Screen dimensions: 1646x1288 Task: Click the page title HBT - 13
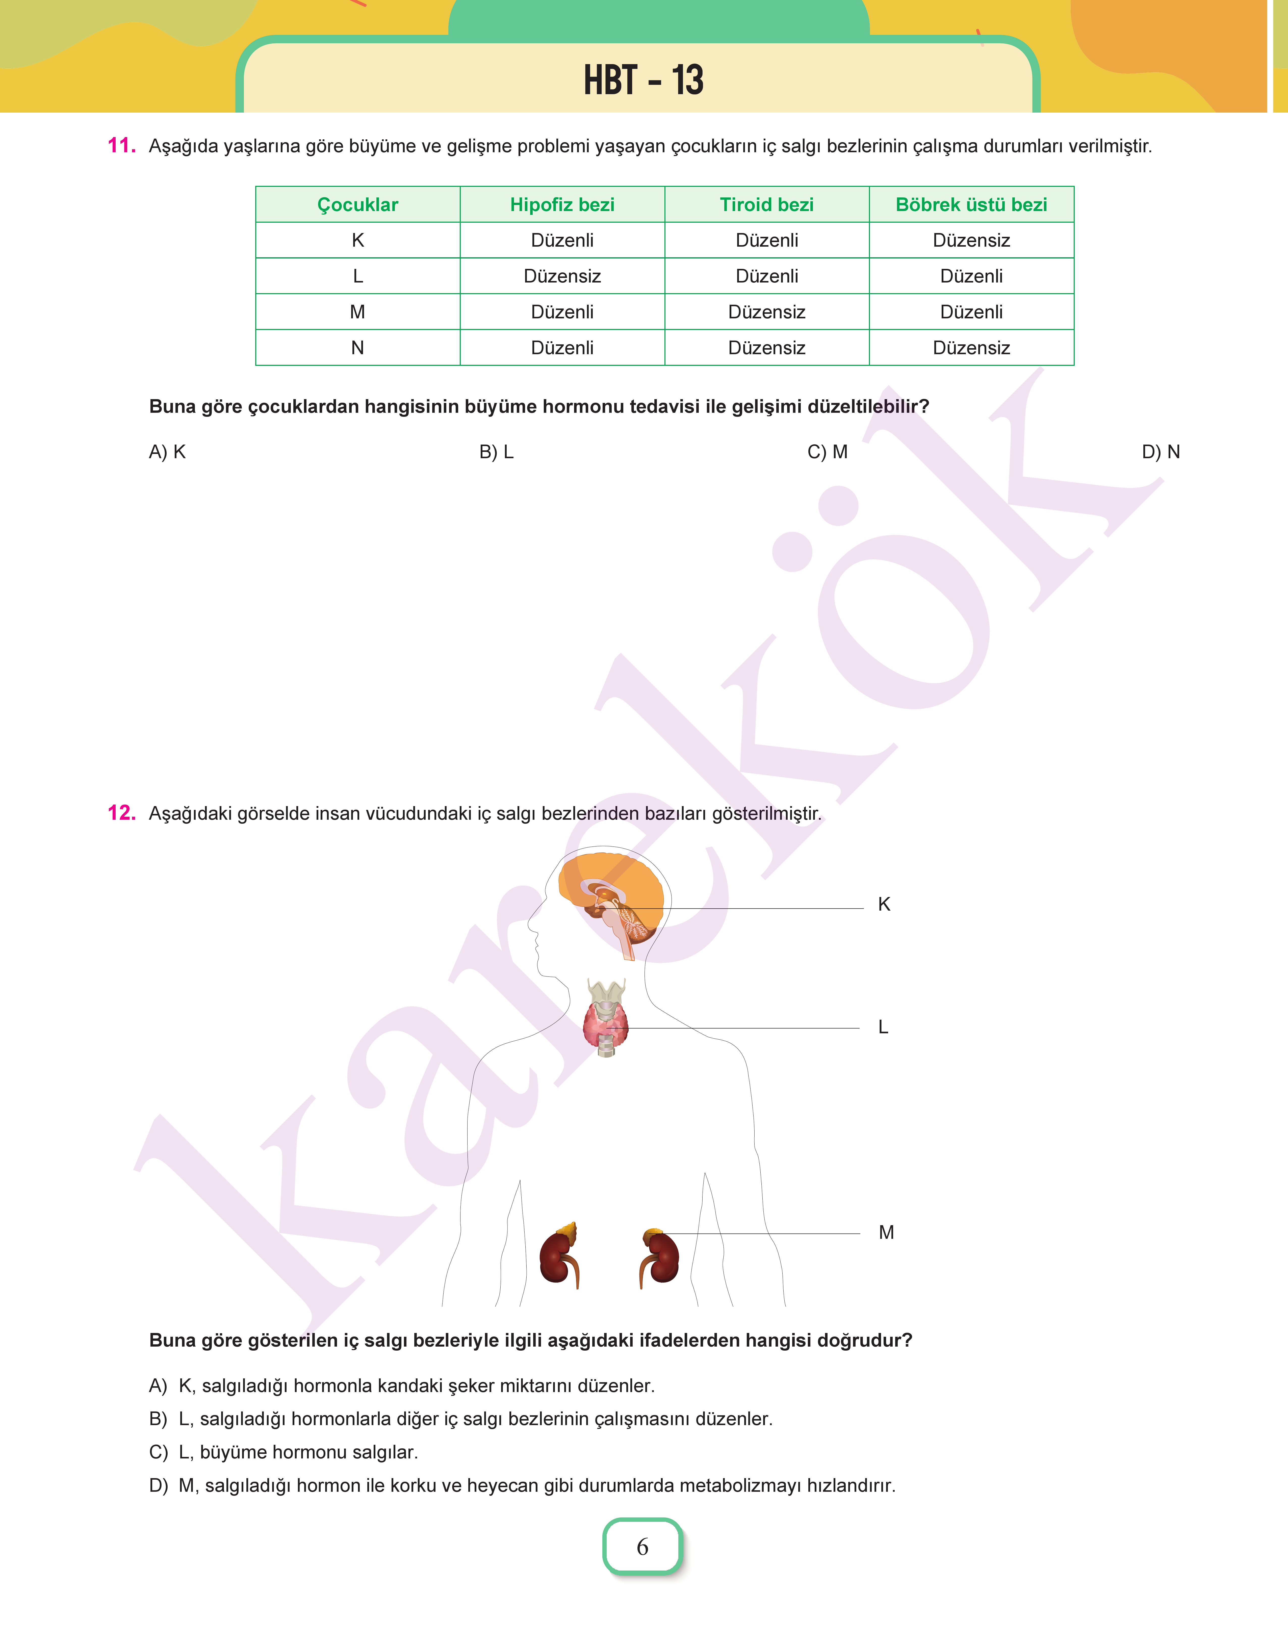point(643,80)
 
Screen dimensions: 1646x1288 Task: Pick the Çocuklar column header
point(357,204)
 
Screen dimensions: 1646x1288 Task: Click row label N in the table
point(357,348)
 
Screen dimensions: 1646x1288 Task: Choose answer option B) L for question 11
point(496,452)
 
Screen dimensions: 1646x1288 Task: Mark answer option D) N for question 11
point(1160,452)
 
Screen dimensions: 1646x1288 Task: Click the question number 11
point(121,145)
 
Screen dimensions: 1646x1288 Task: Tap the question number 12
point(121,813)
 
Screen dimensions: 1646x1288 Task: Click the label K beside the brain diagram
point(884,904)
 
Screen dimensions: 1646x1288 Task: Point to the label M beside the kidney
point(886,1232)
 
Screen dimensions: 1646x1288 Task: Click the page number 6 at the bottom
point(642,1547)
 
